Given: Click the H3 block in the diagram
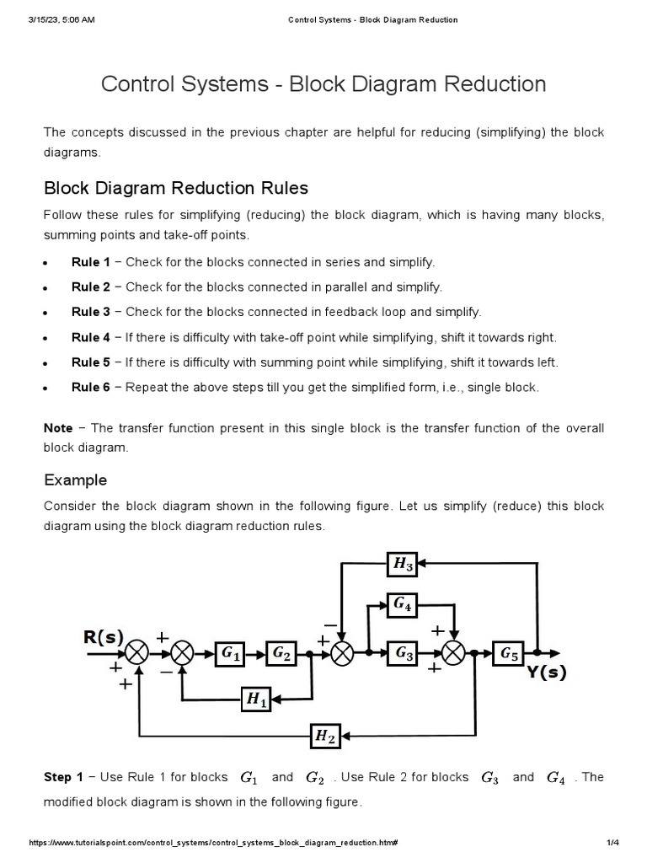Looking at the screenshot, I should click(404, 565).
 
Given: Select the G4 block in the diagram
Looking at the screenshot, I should click(404, 603).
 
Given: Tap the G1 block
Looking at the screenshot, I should click(231, 653).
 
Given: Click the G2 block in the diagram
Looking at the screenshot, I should click(281, 653).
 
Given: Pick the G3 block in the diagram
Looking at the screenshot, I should click(404, 653).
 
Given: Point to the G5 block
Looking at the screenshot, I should click(511, 653).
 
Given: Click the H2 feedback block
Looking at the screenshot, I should click(325, 736).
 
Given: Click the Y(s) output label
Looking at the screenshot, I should click(547, 673).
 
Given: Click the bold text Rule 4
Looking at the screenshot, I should click(91, 337).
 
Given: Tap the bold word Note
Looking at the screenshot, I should click(58, 428).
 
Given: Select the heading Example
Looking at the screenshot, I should click(76, 480).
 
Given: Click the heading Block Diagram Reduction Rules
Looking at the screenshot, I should click(175, 187).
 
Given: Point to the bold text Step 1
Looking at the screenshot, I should click(63, 777).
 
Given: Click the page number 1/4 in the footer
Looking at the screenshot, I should click(612, 844).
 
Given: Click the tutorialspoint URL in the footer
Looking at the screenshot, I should click(213, 844).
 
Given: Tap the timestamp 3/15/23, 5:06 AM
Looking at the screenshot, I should click(61, 20).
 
